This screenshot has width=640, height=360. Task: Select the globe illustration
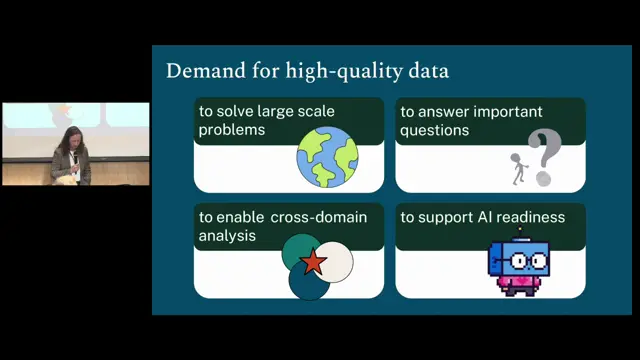327,157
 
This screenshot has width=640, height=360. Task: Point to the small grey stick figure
518,169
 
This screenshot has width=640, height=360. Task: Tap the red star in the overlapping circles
313,261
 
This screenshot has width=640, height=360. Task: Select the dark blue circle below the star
309,282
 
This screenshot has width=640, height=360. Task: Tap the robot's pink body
518,282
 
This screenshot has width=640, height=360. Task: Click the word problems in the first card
232,130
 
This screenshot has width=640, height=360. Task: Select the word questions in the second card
435,131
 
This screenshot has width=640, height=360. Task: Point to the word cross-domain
319,217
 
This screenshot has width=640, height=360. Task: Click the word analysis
227,236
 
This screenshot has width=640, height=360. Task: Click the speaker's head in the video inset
72,137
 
